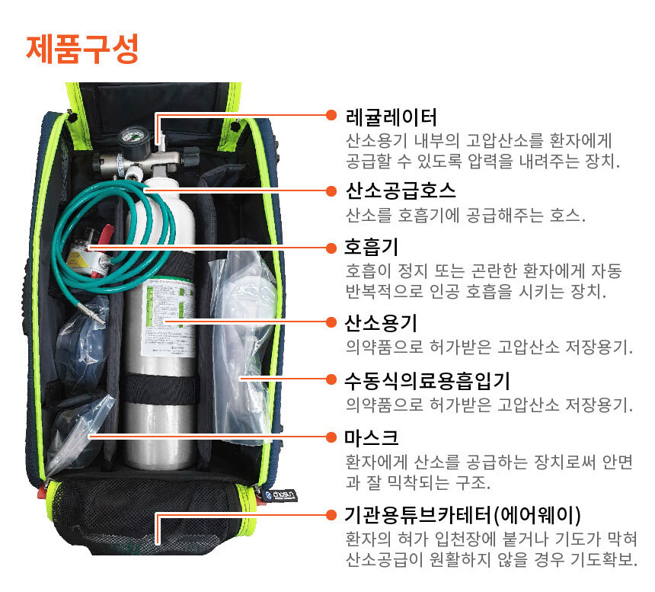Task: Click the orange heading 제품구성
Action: (x=82, y=50)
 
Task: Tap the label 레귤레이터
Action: (x=391, y=117)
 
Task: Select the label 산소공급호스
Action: (x=401, y=191)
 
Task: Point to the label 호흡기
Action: (x=372, y=248)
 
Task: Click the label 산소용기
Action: (x=381, y=323)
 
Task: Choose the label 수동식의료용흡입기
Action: (x=427, y=381)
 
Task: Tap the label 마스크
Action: (x=372, y=437)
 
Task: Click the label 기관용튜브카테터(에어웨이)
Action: (x=462, y=516)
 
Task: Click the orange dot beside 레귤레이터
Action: (x=331, y=115)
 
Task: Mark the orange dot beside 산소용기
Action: (x=331, y=322)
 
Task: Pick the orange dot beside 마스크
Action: (x=331, y=437)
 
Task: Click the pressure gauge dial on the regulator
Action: (x=133, y=139)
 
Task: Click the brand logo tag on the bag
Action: (x=281, y=495)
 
